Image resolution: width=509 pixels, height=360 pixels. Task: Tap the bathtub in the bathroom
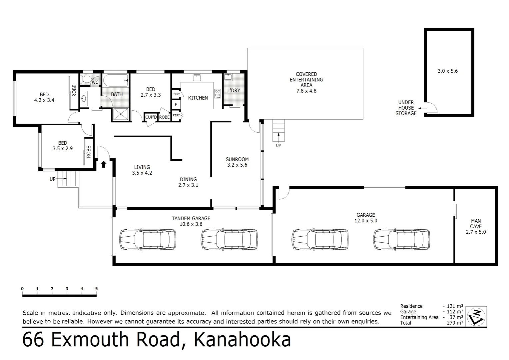click(116, 80)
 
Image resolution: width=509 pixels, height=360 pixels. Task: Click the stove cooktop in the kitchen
click(218, 93)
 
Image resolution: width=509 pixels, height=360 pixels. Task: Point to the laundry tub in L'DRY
click(228, 77)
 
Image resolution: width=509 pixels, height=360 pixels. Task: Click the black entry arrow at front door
click(104, 164)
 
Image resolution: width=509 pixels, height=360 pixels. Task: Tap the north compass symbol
click(477, 316)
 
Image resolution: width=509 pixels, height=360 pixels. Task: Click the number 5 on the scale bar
click(96, 289)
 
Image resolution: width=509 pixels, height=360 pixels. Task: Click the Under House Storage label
click(406, 108)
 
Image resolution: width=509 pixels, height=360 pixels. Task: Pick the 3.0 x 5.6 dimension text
click(448, 71)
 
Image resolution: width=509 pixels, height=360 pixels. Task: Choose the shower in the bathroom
click(120, 114)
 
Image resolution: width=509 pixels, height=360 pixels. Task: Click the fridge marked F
click(176, 105)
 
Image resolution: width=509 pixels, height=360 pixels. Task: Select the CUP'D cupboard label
click(151, 117)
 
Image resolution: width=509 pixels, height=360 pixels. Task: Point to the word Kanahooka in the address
click(242, 340)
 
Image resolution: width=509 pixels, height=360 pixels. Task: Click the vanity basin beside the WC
click(84, 99)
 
